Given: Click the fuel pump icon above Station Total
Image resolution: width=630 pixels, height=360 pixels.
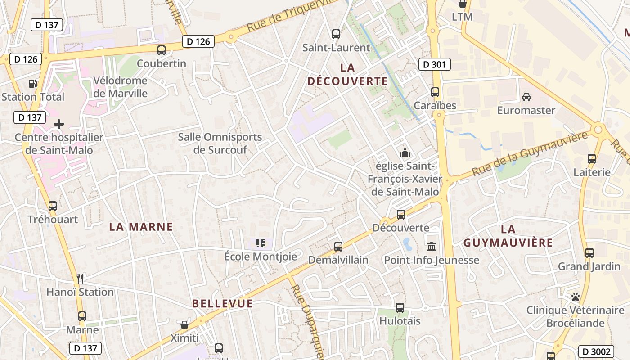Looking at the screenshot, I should (32, 83).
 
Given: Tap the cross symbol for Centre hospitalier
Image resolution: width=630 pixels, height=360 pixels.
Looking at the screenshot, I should (58, 124).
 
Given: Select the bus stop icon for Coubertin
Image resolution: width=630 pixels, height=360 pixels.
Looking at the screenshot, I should (161, 50).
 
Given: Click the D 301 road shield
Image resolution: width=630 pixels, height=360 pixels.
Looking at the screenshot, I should (434, 64).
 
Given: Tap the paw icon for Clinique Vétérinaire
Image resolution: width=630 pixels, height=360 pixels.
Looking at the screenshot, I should (575, 297).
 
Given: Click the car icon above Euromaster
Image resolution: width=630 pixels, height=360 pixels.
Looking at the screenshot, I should (526, 97).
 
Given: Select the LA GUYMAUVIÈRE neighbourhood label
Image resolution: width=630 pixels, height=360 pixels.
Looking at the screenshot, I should (508, 236).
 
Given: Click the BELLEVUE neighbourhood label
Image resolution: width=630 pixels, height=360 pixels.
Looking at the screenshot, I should (222, 303).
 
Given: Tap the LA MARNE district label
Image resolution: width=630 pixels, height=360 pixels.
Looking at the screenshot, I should (141, 227).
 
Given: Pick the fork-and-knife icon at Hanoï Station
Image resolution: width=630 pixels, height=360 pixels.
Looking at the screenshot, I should (80, 279).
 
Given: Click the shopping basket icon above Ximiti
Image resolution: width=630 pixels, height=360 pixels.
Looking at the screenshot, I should (184, 324).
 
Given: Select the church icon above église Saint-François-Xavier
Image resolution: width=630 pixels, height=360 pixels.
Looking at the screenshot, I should (405, 153).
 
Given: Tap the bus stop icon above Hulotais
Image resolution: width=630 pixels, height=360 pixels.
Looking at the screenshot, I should (400, 308).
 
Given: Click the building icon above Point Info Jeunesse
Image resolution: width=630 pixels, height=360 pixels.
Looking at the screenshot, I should (432, 246).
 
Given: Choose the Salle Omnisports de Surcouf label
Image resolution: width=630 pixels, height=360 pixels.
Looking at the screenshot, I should (220, 144).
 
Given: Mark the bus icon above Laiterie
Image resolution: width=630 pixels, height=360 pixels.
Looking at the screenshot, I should (591, 158).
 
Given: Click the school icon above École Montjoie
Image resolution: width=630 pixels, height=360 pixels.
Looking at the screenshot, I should (260, 243).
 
